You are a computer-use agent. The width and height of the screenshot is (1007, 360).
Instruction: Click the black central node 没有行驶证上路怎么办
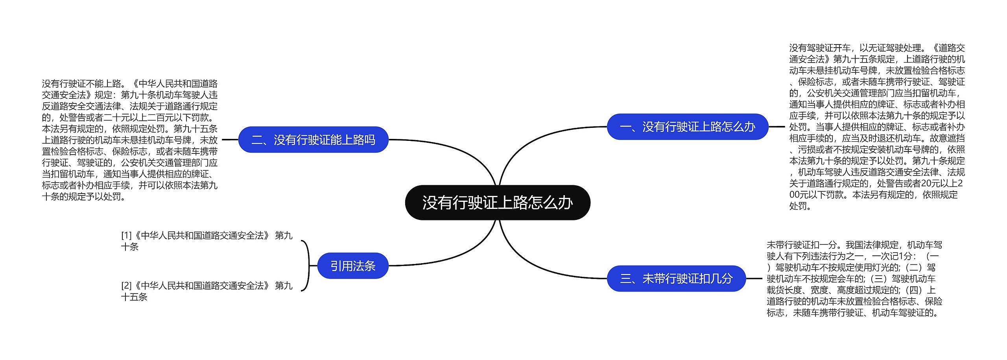point(497,203)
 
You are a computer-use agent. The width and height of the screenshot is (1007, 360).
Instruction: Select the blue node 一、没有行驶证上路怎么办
point(687,127)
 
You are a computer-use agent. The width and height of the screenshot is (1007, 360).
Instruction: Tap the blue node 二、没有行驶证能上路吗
point(313,140)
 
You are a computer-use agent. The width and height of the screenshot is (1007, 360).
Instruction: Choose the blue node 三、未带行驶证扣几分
point(676,279)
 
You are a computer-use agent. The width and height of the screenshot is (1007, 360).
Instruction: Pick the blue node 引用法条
point(352,266)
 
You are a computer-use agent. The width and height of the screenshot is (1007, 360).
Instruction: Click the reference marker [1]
point(126,236)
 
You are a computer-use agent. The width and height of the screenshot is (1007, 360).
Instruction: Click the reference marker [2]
point(126,286)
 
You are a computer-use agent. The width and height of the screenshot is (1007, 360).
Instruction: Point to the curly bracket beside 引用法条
point(307,266)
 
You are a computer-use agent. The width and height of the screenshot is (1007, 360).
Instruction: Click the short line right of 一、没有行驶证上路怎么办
point(776,127)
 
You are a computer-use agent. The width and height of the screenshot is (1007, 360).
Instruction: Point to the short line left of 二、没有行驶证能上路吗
point(230,140)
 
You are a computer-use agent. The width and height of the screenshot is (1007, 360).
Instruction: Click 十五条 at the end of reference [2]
point(134,297)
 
